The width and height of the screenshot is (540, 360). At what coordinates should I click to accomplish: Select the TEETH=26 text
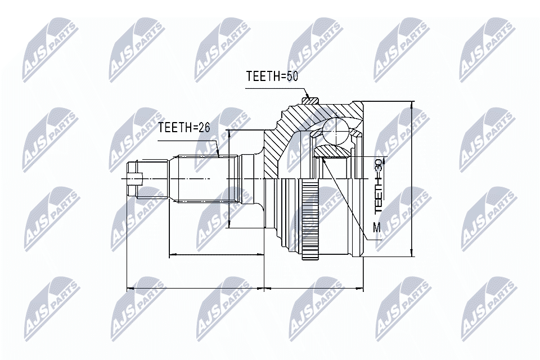coord(184,128)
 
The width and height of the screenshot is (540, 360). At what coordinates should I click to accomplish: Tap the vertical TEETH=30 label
coord(379,185)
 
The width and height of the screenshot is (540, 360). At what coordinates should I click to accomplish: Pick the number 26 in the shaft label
coord(203,128)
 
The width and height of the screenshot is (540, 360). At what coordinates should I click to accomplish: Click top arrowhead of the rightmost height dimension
coord(412,105)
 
